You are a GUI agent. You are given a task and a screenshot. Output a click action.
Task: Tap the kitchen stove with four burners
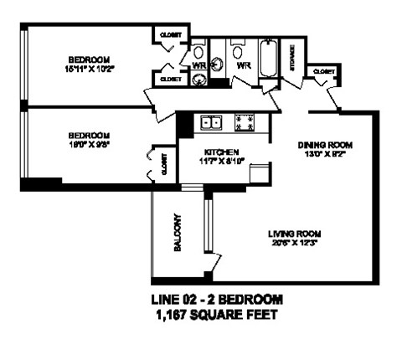point(248,123)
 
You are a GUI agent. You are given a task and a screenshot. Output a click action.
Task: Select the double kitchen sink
point(210,123)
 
